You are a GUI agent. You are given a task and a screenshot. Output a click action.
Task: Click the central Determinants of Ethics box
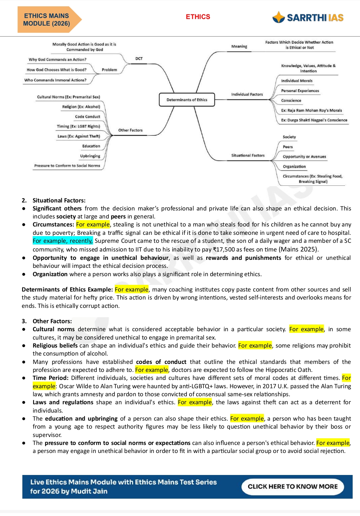click(x=187, y=100)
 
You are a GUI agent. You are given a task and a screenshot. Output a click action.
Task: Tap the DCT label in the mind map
click(x=139, y=59)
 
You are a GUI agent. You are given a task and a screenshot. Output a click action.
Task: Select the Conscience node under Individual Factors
click(x=291, y=100)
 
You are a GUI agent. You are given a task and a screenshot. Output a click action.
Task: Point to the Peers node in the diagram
click(x=288, y=147)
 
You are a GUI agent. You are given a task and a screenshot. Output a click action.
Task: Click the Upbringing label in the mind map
click(x=90, y=156)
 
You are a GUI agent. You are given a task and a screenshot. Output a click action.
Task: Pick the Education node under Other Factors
click(x=91, y=146)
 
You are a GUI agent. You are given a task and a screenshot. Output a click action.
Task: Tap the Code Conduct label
click(x=87, y=117)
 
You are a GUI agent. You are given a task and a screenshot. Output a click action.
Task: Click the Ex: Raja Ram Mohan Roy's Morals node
click(x=311, y=110)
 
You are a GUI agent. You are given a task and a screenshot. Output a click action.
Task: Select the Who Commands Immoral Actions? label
click(x=55, y=80)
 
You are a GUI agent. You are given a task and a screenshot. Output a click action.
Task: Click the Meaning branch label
click(x=239, y=47)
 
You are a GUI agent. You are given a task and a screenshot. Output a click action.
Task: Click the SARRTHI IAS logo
click(x=308, y=17)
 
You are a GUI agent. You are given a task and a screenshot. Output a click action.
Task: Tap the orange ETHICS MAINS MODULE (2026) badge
click(x=47, y=20)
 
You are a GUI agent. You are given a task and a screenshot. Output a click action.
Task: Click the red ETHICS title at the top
click(x=198, y=17)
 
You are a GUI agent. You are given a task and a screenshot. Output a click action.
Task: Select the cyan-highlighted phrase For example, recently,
click(x=63, y=241)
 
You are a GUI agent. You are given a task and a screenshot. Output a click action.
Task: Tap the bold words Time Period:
click(x=50, y=378)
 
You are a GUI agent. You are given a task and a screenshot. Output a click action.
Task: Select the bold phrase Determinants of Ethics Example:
click(x=67, y=290)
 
